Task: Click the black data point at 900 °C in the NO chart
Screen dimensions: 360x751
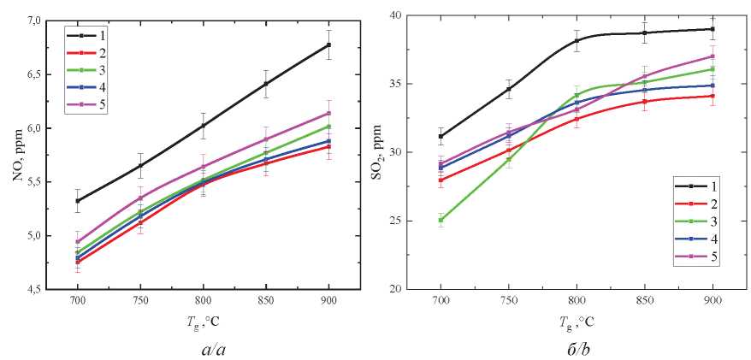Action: pyautogui.click(x=328, y=44)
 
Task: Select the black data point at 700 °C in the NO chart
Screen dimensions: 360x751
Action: pyautogui.click(x=77, y=201)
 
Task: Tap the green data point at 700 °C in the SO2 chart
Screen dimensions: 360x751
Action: pyautogui.click(x=441, y=220)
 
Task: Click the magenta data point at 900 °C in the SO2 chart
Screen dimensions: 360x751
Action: pyautogui.click(x=713, y=56)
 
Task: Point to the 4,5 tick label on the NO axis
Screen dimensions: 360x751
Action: pyautogui.click(x=42, y=290)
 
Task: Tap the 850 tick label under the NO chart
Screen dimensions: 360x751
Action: pyautogui.click(x=266, y=304)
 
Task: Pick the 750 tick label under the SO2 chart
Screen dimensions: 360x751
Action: pyautogui.click(x=509, y=304)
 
